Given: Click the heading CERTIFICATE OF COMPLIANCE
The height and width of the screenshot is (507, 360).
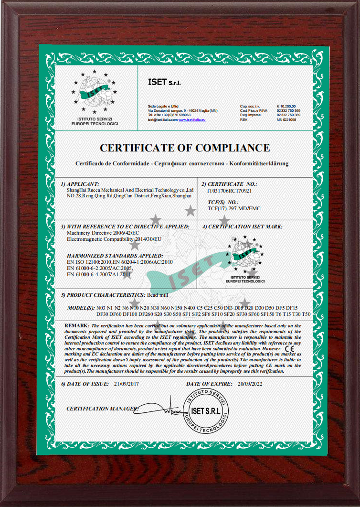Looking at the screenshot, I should click(x=184, y=148).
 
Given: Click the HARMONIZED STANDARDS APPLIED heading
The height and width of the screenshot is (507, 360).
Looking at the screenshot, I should click(x=115, y=256).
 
